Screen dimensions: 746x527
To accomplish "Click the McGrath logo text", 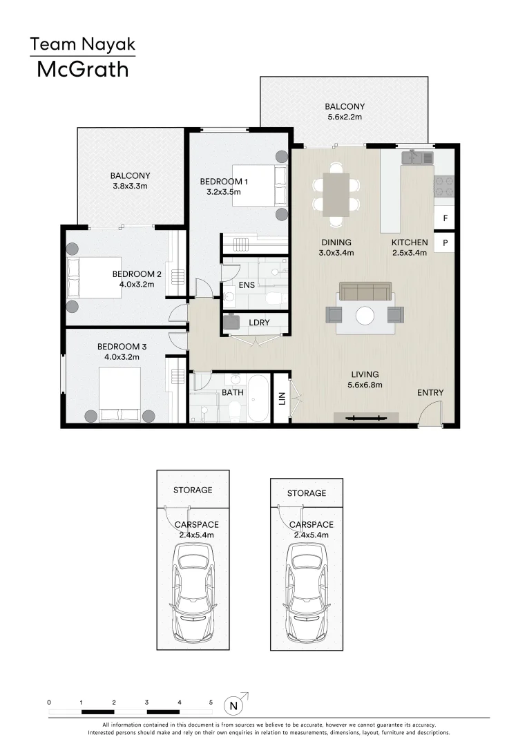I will pyautogui.click(x=82, y=69).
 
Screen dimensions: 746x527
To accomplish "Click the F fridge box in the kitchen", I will pyautogui.click(x=445, y=218).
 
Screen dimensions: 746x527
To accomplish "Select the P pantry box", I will pyautogui.click(x=445, y=243).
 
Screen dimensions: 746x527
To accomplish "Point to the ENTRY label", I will pyautogui.click(x=430, y=393).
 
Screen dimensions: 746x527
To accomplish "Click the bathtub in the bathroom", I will pyautogui.click(x=259, y=399).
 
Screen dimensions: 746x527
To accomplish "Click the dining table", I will pyautogui.click(x=336, y=194).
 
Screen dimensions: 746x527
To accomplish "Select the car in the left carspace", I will pyautogui.click(x=193, y=590).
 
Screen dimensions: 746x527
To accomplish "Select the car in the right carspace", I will pyautogui.click(x=307, y=590).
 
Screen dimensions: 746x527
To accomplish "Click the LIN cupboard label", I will pyautogui.click(x=281, y=399).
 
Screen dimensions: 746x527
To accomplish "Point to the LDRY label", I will pyautogui.click(x=258, y=323).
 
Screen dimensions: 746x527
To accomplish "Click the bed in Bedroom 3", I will pyautogui.click(x=120, y=394).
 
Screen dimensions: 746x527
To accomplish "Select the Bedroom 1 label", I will pyautogui.click(x=223, y=182).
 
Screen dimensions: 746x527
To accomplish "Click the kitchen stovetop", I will pyautogui.click(x=443, y=186).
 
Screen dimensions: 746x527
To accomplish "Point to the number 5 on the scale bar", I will pyautogui.click(x=211, y=702).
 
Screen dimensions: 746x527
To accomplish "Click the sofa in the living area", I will pyautogui.click(x=365, y=291).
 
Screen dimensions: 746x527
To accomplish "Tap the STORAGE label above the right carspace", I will pyautogui.click(x=307, y=493).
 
